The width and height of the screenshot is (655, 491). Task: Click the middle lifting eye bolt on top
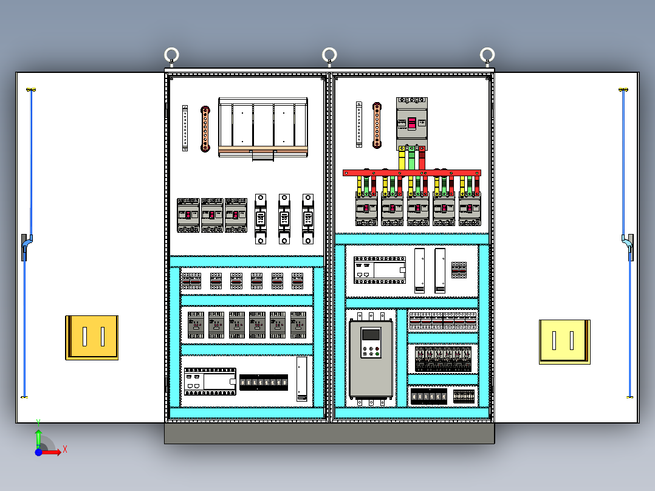pyautogui.click(x=329, y=57)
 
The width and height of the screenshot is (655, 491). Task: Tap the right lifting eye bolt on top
pyautogui.click(x=487, y=57)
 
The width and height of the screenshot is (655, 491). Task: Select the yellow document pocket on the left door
pyautogui.click(x=92, y=337)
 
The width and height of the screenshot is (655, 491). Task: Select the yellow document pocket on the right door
pyautogui.click(x=564, y=342)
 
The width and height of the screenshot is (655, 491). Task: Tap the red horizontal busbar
pyautogui.click(x=412, y=173)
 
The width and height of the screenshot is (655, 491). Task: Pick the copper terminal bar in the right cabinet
pyautogui.click(x=377, y=125)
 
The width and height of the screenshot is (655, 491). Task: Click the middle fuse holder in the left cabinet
pyautogui.click(x=284, y=218)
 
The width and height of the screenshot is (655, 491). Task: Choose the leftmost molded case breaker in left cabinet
pyautogui.click(x=188, y=215)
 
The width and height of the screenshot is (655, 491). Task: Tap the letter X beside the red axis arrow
pyautogui.click(x=64, y=450)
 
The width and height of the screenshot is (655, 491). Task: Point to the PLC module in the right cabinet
pyautogui.click(x=380, y=268)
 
